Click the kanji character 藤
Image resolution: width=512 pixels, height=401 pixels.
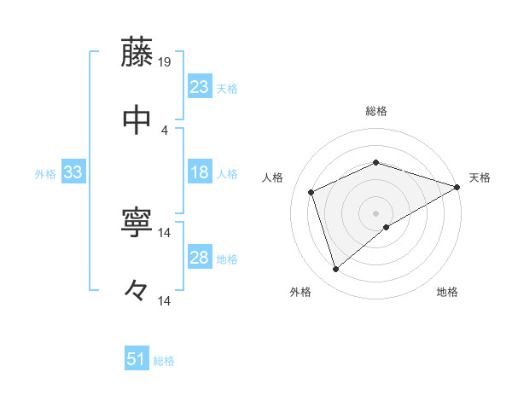137,52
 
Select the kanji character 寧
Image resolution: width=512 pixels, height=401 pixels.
137,224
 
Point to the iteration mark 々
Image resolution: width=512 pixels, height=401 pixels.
137,290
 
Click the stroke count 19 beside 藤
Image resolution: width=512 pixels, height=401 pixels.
165,62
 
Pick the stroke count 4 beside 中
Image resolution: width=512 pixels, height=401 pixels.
165,130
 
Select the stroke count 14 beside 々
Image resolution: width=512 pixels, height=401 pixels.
165,300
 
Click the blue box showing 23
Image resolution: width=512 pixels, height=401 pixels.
199,87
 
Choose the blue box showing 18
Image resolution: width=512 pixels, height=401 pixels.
199,172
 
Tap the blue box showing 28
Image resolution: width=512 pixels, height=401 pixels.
199,258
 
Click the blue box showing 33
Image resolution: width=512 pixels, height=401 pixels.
73,172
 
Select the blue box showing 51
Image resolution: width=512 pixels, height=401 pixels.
137,359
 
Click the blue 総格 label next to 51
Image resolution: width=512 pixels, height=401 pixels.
164,361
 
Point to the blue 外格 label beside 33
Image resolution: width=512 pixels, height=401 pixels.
45,174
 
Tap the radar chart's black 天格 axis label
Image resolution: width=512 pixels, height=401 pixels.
480,177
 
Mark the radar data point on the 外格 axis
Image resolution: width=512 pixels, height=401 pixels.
335,270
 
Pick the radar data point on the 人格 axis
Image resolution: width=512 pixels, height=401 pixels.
311,192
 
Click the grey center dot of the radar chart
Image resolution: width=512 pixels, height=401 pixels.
375,212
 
